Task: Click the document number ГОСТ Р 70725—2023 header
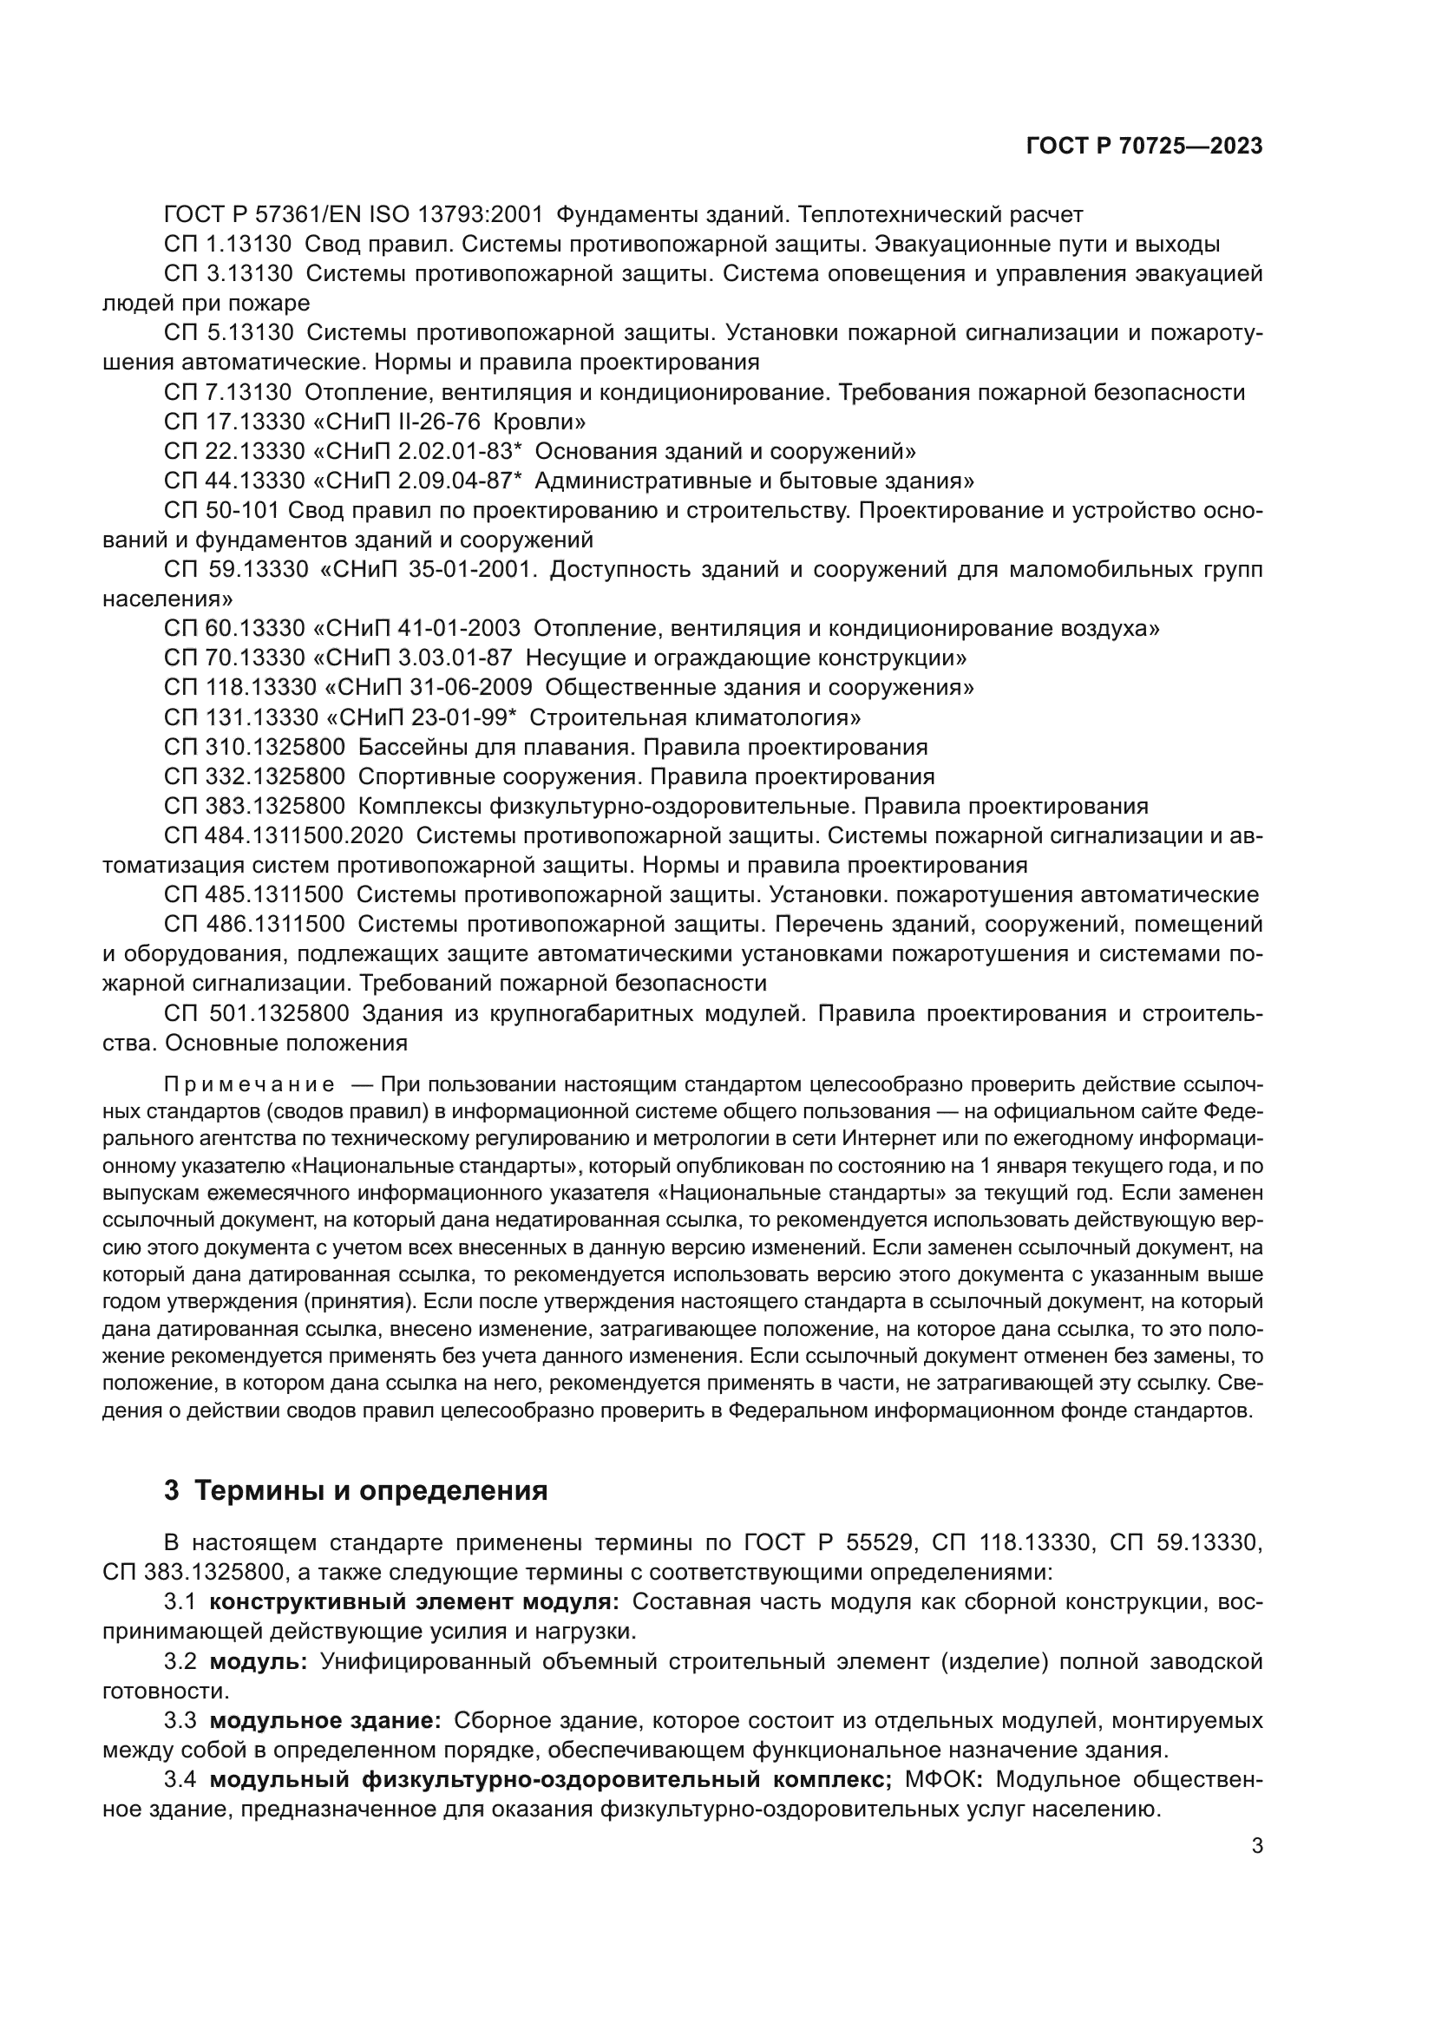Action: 1144,147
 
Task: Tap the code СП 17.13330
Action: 227,422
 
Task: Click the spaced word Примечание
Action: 249,1084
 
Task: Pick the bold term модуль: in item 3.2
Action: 258,1662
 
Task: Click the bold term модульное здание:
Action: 325,1720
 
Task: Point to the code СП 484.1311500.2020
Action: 284,836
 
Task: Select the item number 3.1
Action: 180,1602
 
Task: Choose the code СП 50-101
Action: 222,511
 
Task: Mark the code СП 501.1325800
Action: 257,1013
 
